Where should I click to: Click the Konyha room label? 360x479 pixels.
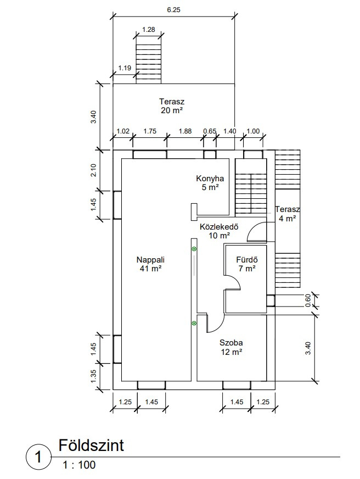click(210, 179)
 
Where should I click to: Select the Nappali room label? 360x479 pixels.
click(150, 260)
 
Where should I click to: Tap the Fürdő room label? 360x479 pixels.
click(247, 260)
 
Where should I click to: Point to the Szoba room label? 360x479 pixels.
click(231, 343)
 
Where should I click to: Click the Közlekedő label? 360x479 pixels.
click(219, 227)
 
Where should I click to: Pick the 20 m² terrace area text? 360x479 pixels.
click(172, 110)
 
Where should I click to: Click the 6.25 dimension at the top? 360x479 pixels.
click(173, 10)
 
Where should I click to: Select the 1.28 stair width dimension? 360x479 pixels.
click(149, 30)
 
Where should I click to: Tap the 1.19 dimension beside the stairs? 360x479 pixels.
click(125, 68)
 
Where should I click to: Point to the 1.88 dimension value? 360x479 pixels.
click(185, 131)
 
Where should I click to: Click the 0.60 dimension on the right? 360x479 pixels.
click(308, 300)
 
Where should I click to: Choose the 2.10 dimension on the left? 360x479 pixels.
click(93, 170)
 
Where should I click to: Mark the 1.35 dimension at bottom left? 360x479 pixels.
click(93, 376)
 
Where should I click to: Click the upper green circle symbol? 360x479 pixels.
click(194, 249)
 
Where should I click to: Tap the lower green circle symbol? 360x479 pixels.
click(194, 323)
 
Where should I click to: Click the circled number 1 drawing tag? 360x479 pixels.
click(38, 457)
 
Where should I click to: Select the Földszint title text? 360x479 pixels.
click(91, 445)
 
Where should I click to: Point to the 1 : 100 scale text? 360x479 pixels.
click(79, 465)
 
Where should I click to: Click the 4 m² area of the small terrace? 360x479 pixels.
click(287, 219)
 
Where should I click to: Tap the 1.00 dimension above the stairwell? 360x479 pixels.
click(253, 131)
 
